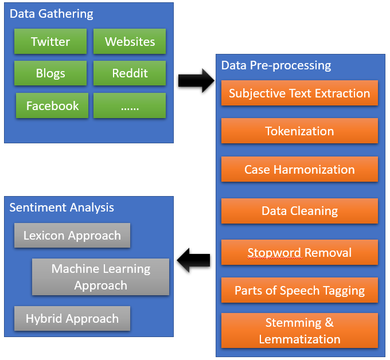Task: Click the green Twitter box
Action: click(50, 42)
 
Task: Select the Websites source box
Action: click(130, 42)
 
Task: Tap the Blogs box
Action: click(50, 73)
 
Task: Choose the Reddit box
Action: click(130, 73)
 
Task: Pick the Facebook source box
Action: click(52, 106)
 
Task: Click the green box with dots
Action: click(130, 106)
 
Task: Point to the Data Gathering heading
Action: click(52, 14)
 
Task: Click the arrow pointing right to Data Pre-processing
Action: click(195, 81)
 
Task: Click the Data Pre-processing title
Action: click(276, 65)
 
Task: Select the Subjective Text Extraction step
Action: click(299, 93)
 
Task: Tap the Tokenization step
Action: click(299, 131)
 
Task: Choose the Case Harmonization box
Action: click(299, 170)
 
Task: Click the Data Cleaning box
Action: click(299, 211)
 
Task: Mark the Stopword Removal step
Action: click(299, 253)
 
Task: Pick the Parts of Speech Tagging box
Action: click(299, 291)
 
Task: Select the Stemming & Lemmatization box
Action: click(299, 331)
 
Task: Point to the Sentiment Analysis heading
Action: click(62, 208)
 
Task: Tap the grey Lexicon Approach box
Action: click(72, 236)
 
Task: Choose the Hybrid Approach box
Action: click(72, 319)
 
